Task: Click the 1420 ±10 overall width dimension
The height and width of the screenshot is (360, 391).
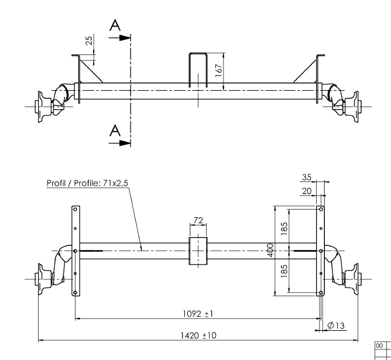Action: click(198, 335)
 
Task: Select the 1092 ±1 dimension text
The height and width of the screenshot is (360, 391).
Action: click(198, 314)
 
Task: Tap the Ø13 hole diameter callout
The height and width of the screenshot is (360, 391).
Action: click(335, 325)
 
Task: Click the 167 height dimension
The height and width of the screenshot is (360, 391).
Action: click(218, 71)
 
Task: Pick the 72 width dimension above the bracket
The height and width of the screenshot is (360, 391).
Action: click(198, 220)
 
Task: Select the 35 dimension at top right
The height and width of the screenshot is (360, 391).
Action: click(307, 177)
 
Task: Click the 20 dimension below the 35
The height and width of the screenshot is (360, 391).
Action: click(307, 191)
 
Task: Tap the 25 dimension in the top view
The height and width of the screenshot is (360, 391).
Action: click(89, 40)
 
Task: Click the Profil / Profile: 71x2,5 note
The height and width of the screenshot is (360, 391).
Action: click(87, 183)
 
